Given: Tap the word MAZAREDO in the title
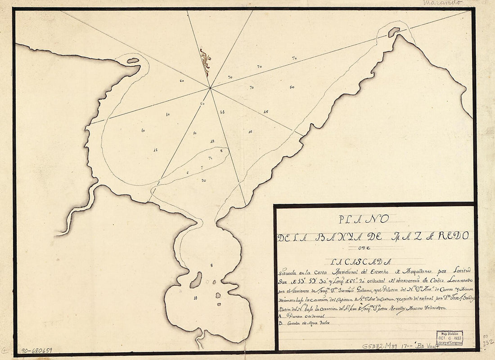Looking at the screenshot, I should point(432,235).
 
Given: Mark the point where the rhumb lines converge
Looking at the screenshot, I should point(210,88).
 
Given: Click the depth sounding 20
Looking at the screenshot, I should point(204,180).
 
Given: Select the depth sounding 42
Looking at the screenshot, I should point(212,141).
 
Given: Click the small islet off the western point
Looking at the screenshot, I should point(133,60).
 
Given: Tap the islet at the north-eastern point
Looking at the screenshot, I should point(394,32).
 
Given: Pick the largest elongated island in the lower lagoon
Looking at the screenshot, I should point(196,280).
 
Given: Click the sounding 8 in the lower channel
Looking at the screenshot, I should point(211,265).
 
